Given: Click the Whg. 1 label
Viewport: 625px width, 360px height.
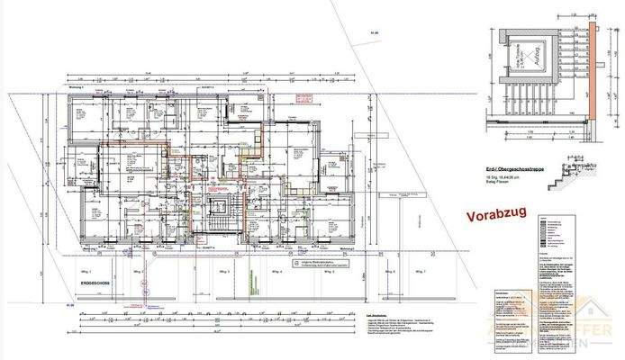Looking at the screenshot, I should click(90, 270).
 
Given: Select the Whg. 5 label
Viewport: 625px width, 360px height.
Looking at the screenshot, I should click(322, 270).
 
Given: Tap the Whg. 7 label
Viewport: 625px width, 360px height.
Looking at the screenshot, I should click(417, 270).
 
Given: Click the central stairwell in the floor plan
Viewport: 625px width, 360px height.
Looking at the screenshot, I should click(216, 217).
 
